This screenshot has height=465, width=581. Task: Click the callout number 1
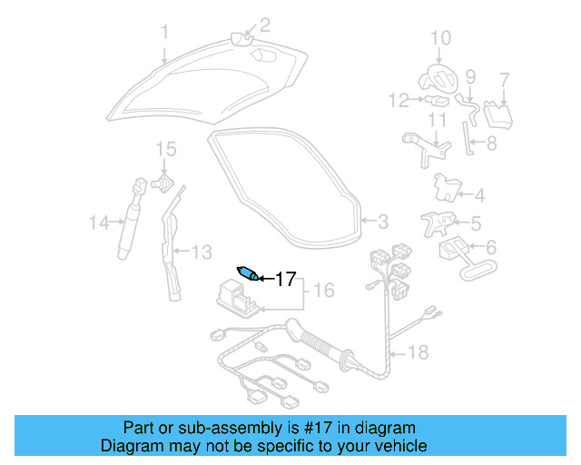pos(164,34)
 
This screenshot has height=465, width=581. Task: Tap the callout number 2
pos(265,25)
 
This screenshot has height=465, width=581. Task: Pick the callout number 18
pos(419,351)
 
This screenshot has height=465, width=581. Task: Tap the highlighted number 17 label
pos(285,279)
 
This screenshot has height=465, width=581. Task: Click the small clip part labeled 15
pos(163,181)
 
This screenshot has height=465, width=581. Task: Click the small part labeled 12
pos(438,99)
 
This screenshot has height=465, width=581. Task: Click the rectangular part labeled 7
pos(497,114)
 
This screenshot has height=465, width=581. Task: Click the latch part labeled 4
pos(448,186)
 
